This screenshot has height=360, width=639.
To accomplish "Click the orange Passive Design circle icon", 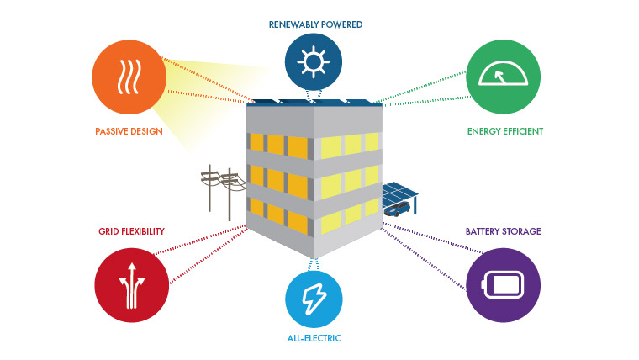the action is [129, 77].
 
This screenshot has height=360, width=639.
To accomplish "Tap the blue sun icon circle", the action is [314, 61].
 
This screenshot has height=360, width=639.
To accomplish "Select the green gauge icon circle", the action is [504, 77].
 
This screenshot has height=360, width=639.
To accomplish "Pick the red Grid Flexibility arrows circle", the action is [132, 285].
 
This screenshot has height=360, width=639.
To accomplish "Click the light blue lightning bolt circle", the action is [314, 299].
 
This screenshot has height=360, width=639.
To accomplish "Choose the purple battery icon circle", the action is [504, 285].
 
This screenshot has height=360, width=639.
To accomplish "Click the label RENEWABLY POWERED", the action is [315, 24].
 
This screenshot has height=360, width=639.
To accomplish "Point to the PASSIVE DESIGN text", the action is [129, 131].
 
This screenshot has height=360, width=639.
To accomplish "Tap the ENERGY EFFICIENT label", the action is [505, 131].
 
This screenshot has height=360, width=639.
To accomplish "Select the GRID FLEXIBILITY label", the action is [131, 231].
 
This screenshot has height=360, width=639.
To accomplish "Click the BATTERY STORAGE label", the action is [504, 231].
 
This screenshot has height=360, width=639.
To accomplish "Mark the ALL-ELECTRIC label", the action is [314, 338].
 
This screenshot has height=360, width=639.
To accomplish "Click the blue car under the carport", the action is [397, 209].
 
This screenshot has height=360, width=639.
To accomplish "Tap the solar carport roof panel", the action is [399, 193].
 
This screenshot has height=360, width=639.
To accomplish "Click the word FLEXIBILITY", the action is [143, 231].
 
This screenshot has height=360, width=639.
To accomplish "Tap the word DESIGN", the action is [147, 131].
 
